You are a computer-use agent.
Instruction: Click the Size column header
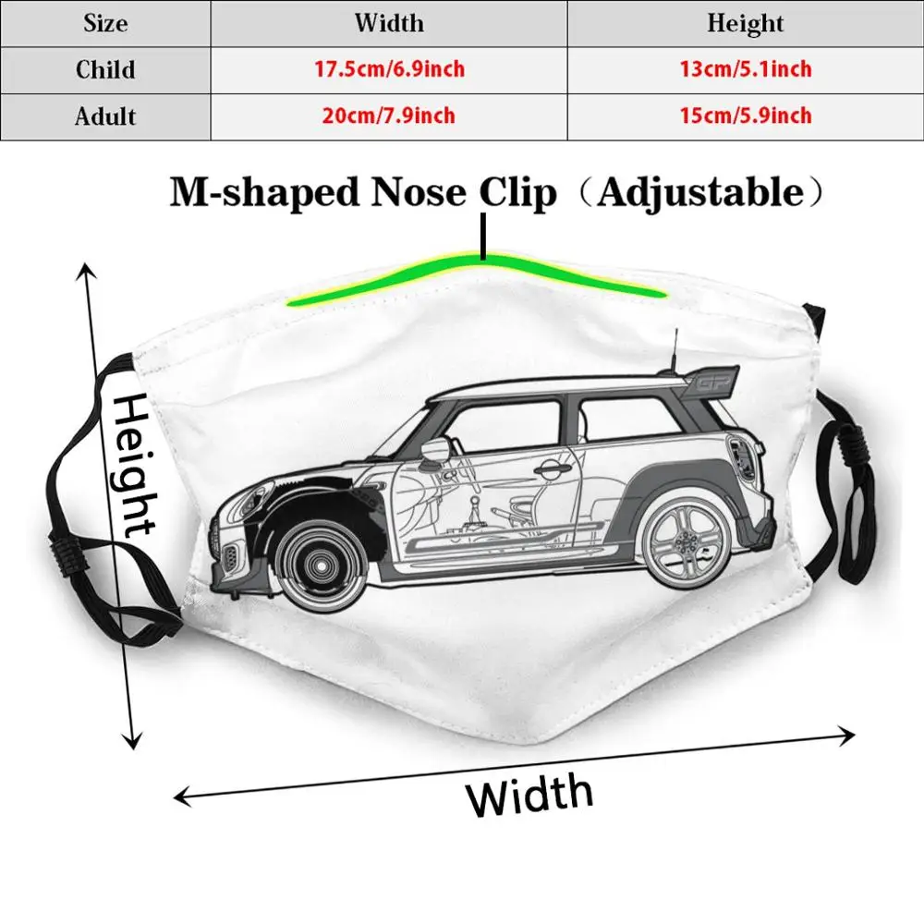(x=105, y=23)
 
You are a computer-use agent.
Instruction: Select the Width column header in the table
(x=388, y=23)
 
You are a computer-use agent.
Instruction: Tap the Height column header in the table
(x=745, y=23)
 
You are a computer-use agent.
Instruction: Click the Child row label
(x=105, y=69)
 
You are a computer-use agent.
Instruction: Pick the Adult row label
(x=105, y=116)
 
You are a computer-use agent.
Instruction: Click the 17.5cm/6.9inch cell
(x=388, y=69)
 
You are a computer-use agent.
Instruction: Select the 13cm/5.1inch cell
(x=745, y=69)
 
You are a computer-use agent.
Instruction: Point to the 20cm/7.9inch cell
(x=388, y=116)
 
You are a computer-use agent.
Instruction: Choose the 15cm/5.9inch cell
(x=745, y=116)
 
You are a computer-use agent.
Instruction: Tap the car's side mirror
(x=432, y=450)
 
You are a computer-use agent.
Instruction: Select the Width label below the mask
(x=529, y=793)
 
